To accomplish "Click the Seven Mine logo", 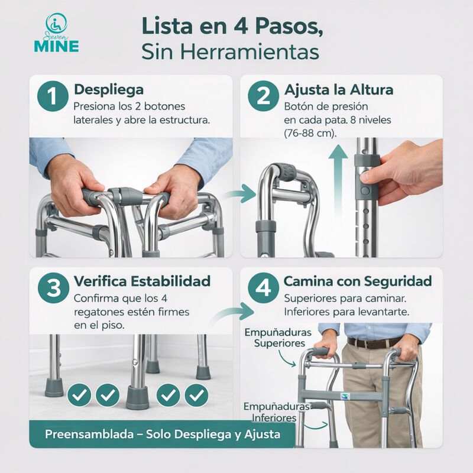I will coord(56,34).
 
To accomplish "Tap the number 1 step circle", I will coord(51,96).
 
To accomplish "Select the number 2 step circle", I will coord(263,96).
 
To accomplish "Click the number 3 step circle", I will coord(53,289).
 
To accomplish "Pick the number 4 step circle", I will coord(263,289).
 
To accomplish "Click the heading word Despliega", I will coord(108,90).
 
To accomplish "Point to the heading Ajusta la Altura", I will coord(339,90).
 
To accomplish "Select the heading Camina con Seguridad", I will coord(358,281).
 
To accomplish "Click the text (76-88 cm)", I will coord(310,133).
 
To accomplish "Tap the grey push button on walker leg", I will coord(364,192).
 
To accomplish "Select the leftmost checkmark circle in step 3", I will coord(79,394).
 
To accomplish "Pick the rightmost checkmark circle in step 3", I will coord(196,394).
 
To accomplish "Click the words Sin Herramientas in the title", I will coord(230,51).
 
